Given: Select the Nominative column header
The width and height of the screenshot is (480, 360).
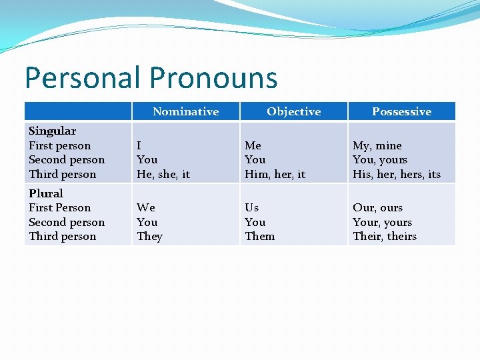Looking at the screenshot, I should point(185,111).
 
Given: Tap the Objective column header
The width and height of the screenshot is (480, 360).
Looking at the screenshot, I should point(293,111).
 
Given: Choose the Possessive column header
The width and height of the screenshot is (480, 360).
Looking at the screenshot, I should point(401,111).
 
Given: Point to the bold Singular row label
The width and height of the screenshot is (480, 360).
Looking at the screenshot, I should point(52,131).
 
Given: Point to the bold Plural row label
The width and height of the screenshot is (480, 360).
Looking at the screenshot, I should point(45,193).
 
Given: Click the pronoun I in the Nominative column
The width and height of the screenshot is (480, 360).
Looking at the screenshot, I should point(139,145).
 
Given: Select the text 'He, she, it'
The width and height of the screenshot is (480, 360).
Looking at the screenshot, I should point(163,175).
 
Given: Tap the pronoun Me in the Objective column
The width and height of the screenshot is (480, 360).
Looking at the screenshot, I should point(253,145).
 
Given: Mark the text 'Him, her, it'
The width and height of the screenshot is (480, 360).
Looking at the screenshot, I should point(275,175).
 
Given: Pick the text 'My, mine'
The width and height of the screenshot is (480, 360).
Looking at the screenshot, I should point(377,145).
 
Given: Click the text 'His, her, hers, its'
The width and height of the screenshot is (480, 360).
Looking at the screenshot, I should point(397,175).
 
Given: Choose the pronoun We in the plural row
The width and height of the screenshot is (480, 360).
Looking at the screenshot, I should point(145,207).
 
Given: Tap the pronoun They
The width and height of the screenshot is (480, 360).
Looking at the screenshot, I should point(149,237).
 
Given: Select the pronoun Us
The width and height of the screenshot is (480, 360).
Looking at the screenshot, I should point(251,207).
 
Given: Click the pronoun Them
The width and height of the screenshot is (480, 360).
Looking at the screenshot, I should point(259,237).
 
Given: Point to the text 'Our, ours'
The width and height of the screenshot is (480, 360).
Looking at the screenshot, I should point(377,207).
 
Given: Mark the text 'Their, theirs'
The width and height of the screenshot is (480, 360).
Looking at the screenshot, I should point(385,237).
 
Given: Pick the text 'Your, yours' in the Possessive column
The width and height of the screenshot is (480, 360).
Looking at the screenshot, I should point(382,222).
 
